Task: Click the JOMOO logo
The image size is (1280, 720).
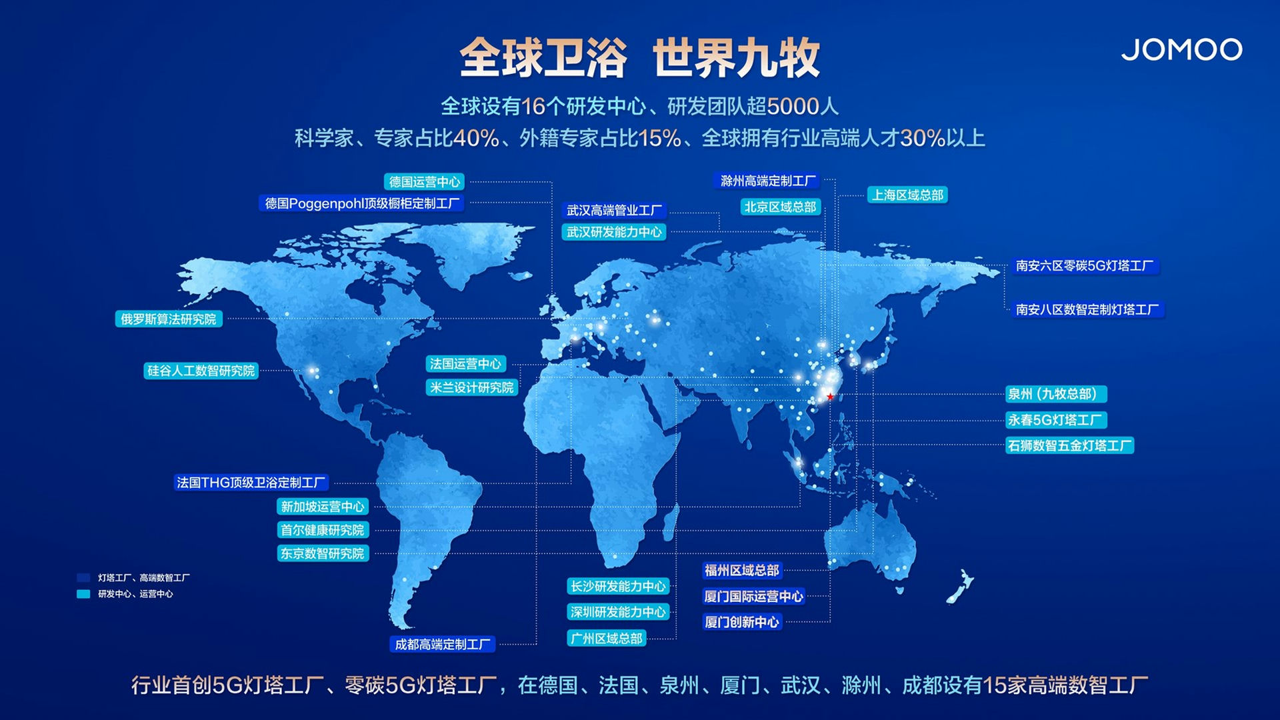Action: pyautogui.click(x=1181, y=49)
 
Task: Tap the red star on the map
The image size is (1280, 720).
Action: pyautogui.click(x=830, y=397)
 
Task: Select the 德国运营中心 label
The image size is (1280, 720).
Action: pyautogui.click(x=425, y=182)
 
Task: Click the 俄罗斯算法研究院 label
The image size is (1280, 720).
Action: pyautogui.click(x=169, y=319)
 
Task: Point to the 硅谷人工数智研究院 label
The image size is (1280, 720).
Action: pyautogui.click(x=201, y=371)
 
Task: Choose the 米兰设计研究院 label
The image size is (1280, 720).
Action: pyautogui.click(x=471, y=387)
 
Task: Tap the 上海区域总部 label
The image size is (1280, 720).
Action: pyautogui.click(x=907, y=195)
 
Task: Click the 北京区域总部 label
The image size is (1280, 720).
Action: pyautogui.click(x=780, y=207)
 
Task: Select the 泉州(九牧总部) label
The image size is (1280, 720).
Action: pyautogui.click(x=1056, y=394)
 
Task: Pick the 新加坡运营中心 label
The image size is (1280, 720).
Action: pyautogui.click(x=323, y=507)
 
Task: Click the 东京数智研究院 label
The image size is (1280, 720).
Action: pyautogui.click(x=323, y=553)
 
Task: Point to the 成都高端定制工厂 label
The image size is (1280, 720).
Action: pyautogui.click(x=443, y=645)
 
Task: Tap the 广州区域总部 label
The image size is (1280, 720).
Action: pyautogui.click(x=606, y=639)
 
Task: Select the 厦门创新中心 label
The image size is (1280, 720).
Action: pyautogui.click(x=742, y=622)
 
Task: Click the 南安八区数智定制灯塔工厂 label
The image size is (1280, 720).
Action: pyautogui.click(x=1087, y=309)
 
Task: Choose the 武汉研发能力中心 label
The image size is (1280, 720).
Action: pyautogui.click(x=614, y=232)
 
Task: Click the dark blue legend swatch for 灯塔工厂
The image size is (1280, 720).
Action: pyautogui.click(x=83, y=578)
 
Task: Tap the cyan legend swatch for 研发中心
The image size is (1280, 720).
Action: pyautogui.click(x=83, y=594)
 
